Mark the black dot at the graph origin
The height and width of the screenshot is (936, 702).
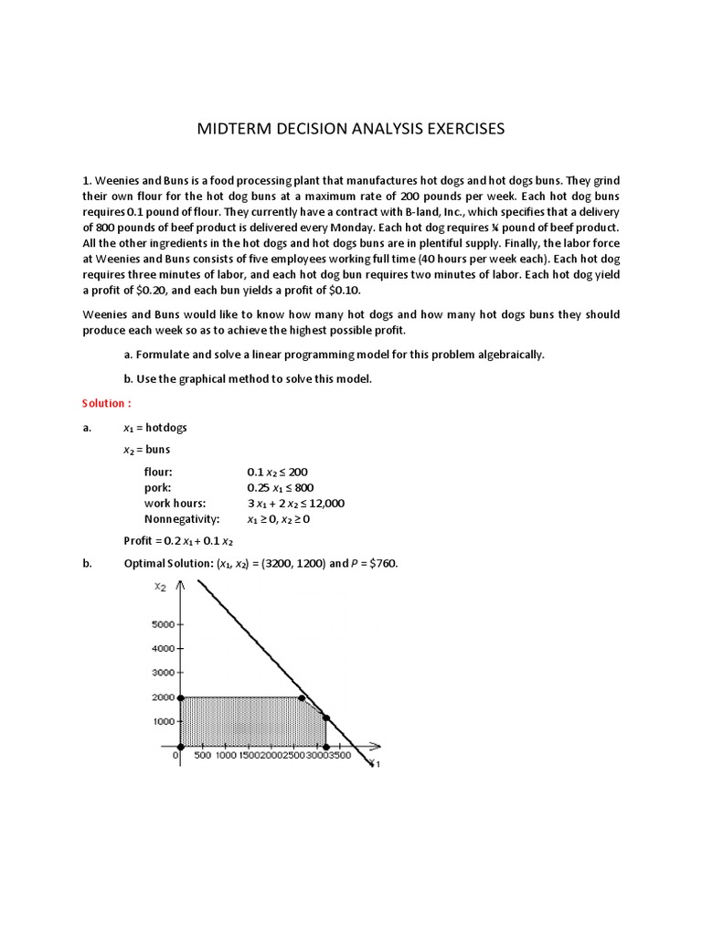(x=180, y=747)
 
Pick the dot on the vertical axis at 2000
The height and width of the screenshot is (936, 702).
(x=180, y=698)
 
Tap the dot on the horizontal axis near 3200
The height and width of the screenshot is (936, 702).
(x=326, y=747)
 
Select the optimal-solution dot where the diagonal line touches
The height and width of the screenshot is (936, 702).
(x=326, y=718)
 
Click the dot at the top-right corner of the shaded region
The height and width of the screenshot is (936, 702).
(x=303, y=698)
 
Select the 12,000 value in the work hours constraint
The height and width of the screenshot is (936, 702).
(x=325, y=503)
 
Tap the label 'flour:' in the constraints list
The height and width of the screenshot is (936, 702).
(x=157, y=472)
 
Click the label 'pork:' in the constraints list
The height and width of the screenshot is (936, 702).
(x=157, y=487)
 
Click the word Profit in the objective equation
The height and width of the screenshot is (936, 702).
(x=138, y=541)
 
